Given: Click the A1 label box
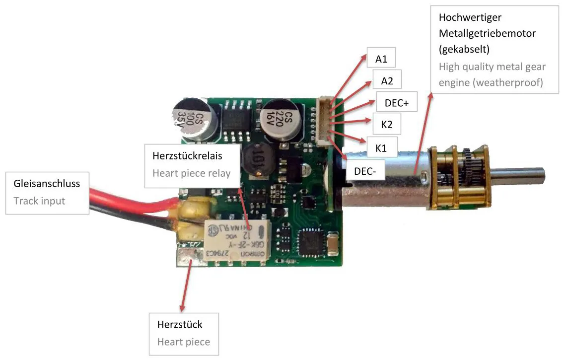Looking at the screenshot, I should point(381,59).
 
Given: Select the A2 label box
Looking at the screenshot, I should point(387,81).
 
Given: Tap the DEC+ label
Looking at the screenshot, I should point(397,103).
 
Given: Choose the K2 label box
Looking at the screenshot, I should point(387,125).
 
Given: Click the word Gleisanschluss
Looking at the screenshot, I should point(47,184).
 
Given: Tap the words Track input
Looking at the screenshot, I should point(39,201).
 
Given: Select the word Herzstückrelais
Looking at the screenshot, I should point(187,156).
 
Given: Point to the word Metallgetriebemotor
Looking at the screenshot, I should point(487,33).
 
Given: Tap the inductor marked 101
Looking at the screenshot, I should point(257,162).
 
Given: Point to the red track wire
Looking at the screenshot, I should point(129,198).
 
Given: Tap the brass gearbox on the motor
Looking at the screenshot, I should point(460,178).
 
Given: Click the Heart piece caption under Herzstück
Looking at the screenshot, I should point(183,342).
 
